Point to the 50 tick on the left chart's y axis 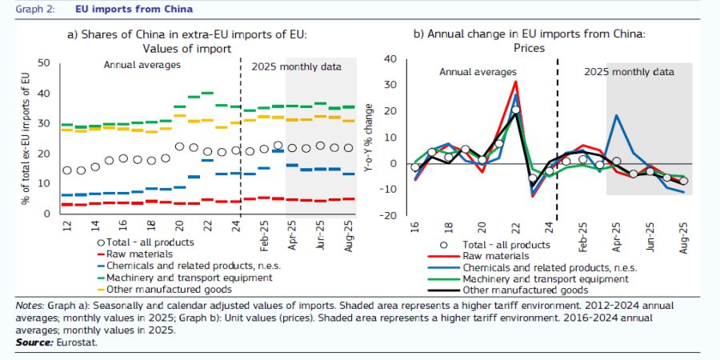pyautogui.click(x=44, y=63)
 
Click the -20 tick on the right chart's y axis pyautogui.click(x=390, y=215)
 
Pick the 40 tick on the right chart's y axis pyautogui.click(x=390, y=58)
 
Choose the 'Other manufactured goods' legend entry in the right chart pyautogui.click(x=521, y=290)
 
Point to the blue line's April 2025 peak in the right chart pyautogui.click(x=615, y=115)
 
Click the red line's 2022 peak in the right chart pyautogui.click(x=516, y=81)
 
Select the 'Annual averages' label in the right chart pyautogui.click(x=478, y=72)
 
